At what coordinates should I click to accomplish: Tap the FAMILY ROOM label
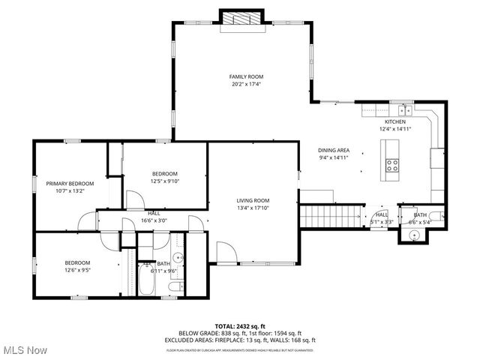pyautogui.click(x=246, y=76)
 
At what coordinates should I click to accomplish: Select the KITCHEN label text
pyautogui.click(x=395, y=121)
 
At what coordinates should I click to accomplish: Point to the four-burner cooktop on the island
pyautogui.click(x=392, y=166)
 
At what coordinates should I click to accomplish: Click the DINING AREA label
pyautogui.click(x=334, y=150)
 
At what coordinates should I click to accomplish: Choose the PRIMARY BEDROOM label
pyautogui.click(x=70, y=184)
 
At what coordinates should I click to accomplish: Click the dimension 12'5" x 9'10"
pyautogui.click(x=165, y=181)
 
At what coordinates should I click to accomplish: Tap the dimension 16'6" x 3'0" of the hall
pyautogui.click(x=154, y=220)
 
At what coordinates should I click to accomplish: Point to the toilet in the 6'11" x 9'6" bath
pyautogui.click(x=175, y=286)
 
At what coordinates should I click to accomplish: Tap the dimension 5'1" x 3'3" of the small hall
pyautogui.click(x=382, y=222)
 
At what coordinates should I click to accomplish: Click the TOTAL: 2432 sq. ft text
pyautogui.click(x=239, y=326)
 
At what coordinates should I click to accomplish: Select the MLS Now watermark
pyautogui.click(x=24, y=350)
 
